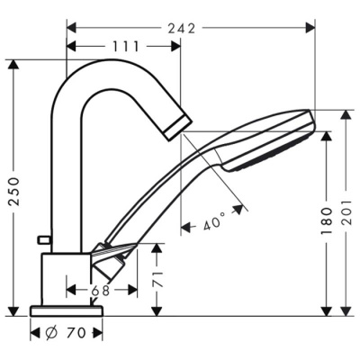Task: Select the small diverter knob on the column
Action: point(42,238)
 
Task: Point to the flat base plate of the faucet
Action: point(68,310)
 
